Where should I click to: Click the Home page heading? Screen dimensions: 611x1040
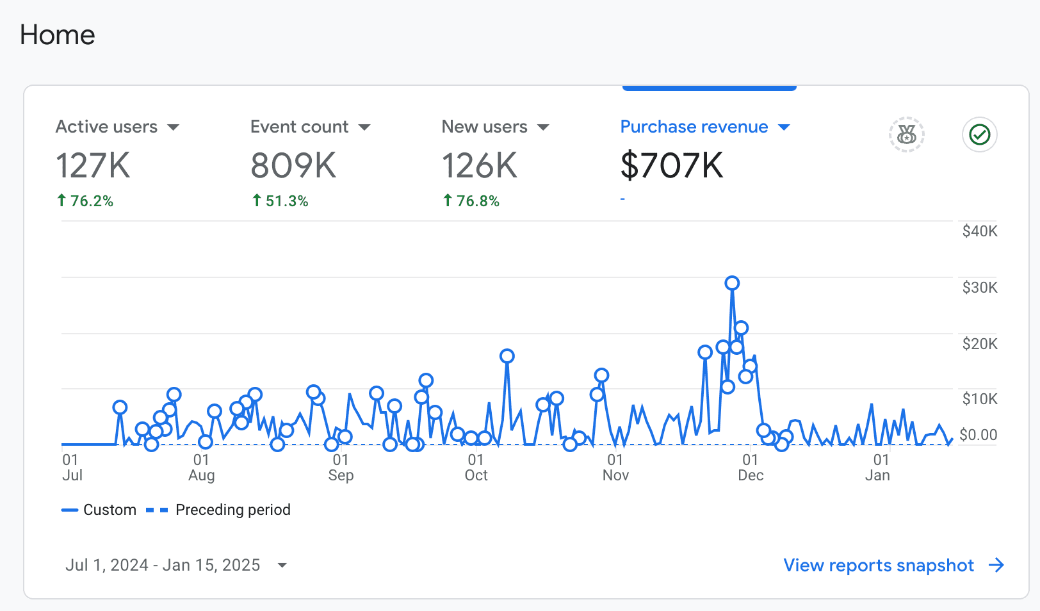[58, 35]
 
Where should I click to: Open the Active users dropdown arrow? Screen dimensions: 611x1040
[173, 127]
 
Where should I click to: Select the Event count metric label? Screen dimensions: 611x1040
[299, 127]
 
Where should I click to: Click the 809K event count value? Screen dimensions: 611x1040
[293, 165]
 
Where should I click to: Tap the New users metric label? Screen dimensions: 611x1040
[484, 127]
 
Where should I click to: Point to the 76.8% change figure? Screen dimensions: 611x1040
[477, 201]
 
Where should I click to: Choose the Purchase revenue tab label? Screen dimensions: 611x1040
[694, 127]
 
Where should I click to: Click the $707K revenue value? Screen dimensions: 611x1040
[671, 165]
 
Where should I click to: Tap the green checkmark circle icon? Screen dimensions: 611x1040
[979, 134]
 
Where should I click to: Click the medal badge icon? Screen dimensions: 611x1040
[906, 134]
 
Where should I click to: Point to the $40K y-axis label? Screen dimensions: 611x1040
[979, 231]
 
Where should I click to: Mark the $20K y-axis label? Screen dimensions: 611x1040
[979, 344]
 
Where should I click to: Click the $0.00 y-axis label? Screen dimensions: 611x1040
[978, 435]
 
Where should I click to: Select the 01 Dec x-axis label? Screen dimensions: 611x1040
[751, 468]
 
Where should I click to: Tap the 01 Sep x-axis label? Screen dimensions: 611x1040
[341, 468]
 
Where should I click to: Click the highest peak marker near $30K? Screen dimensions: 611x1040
[732, 283]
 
